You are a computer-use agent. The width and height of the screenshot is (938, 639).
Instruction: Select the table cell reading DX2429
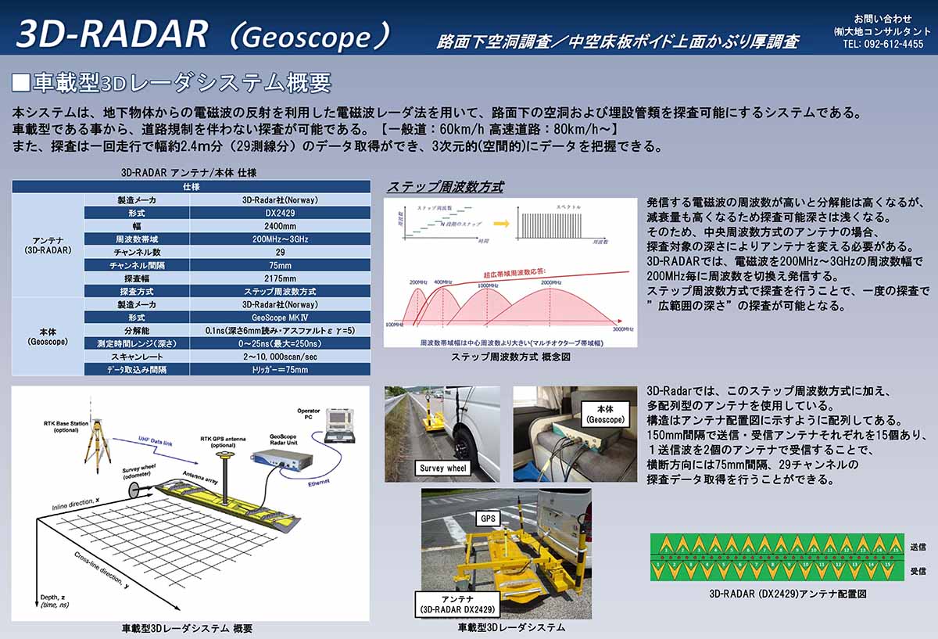(279, 213)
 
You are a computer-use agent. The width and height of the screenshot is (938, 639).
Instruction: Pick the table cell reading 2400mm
(279, 225)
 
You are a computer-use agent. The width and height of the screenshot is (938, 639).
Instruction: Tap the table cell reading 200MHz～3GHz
(279, 239)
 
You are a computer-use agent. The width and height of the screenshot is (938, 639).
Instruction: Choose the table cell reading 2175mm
(279, 278)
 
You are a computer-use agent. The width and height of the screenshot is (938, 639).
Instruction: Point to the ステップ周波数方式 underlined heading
(445, 187)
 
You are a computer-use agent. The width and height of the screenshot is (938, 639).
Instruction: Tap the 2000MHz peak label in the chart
(551, 282)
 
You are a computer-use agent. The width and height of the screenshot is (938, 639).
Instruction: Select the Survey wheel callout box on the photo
(442, 468)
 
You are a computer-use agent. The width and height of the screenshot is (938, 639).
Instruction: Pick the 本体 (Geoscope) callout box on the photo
(605, 414)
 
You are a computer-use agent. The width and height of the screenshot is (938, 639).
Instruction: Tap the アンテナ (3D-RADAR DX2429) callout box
(457, 604)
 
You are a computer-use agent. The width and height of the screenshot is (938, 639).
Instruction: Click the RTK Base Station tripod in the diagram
(95, 450)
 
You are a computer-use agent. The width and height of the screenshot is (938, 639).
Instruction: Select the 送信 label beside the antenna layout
(918, 547)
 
